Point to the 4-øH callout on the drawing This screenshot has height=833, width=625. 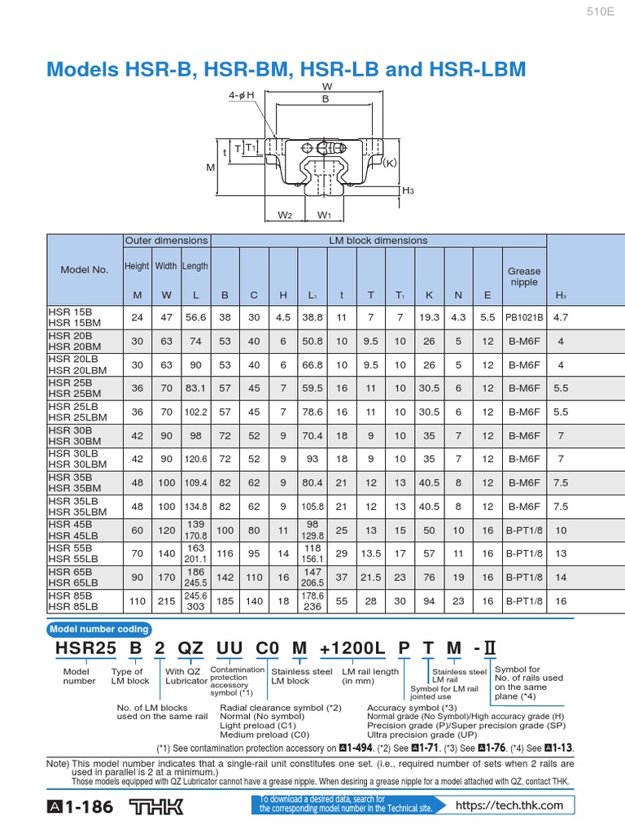[x=242, y=95]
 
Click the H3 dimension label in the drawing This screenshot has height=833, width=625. [x=408, y=190]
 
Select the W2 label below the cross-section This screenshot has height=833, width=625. [x=285, y=216]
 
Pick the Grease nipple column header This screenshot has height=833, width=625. [x=523, y=277]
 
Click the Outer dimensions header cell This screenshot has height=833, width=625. [x=166, y=241]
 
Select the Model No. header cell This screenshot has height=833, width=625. [x=85, y=270]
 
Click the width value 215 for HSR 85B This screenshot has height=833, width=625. [x=166, y=601]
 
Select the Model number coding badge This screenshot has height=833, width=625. [x=99, y=629]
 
